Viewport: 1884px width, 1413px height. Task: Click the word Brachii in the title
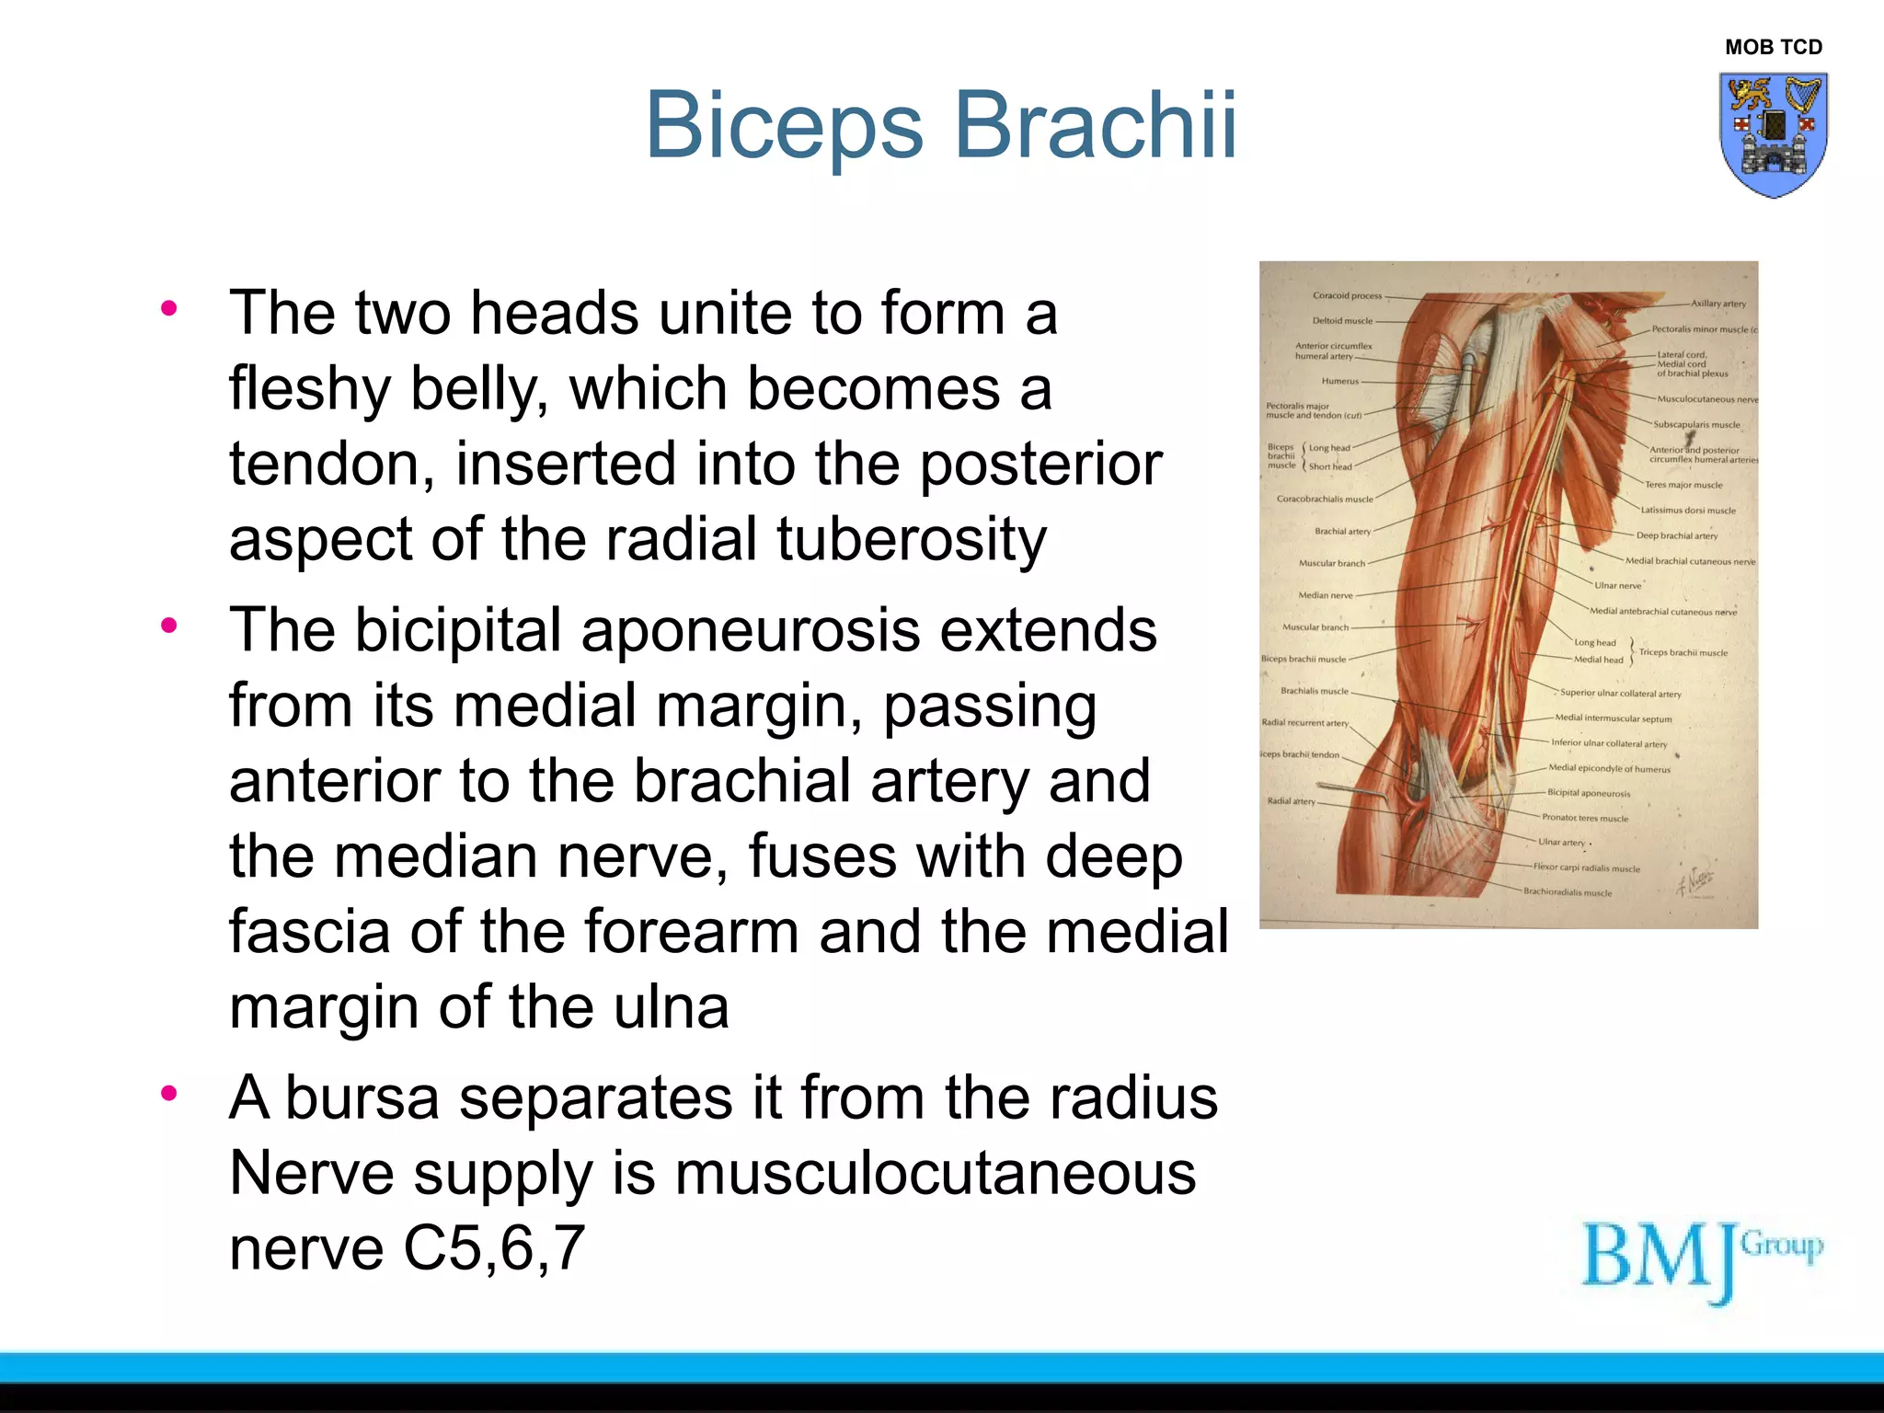(x=1095, y=126)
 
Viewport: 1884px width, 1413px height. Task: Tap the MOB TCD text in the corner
(x=1773, y=47)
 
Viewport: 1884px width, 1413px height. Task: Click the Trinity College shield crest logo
(x=1773, y=134)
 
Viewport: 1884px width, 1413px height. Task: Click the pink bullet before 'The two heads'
(x=168, y=308)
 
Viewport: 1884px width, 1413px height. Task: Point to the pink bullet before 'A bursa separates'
(x=168, y=1094)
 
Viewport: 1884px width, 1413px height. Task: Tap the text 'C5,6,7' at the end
(x=494, y=1248)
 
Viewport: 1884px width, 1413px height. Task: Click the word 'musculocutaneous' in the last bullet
(x=935, y=1174)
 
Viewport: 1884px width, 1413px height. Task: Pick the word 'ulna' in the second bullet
(x=672, y=1007)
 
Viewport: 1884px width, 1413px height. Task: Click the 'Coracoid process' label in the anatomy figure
(x=1347, y=296)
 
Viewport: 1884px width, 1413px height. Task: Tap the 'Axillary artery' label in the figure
(x=1717, y=304)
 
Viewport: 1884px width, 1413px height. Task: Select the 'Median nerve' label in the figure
(x=1325, y=595)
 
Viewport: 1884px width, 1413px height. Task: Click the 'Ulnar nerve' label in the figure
(x=1617, y=585)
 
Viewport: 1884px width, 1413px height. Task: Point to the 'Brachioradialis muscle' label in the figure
(x=1567, y=892)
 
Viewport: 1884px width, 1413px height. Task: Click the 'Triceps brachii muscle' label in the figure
(x=1683, y=652)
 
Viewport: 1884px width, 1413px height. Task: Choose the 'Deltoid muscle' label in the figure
(x=1342, y=321)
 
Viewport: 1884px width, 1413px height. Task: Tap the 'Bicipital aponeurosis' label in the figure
(x=1588, y=793)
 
